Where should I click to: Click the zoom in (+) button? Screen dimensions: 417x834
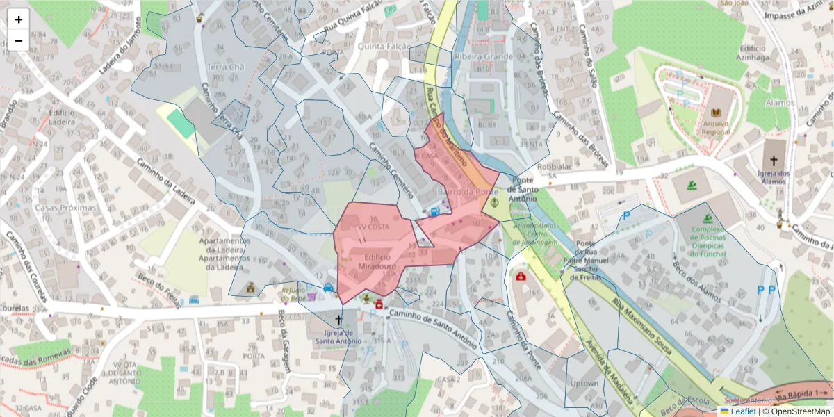19,19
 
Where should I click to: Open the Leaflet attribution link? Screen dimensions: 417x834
743,411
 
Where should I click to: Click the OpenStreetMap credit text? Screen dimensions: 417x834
796,411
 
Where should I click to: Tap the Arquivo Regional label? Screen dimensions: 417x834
716,126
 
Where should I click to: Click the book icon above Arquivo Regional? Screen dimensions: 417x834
716,113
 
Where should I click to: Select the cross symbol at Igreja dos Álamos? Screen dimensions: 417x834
774,160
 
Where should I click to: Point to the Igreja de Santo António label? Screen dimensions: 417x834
338,336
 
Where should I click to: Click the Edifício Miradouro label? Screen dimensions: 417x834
378,261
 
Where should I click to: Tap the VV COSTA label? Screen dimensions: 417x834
373,227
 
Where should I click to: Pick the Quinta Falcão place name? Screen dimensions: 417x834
381,46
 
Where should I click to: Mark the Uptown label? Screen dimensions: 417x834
584,383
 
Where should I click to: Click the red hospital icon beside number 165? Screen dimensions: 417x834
521,277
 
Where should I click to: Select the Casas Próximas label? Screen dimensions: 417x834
66,207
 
